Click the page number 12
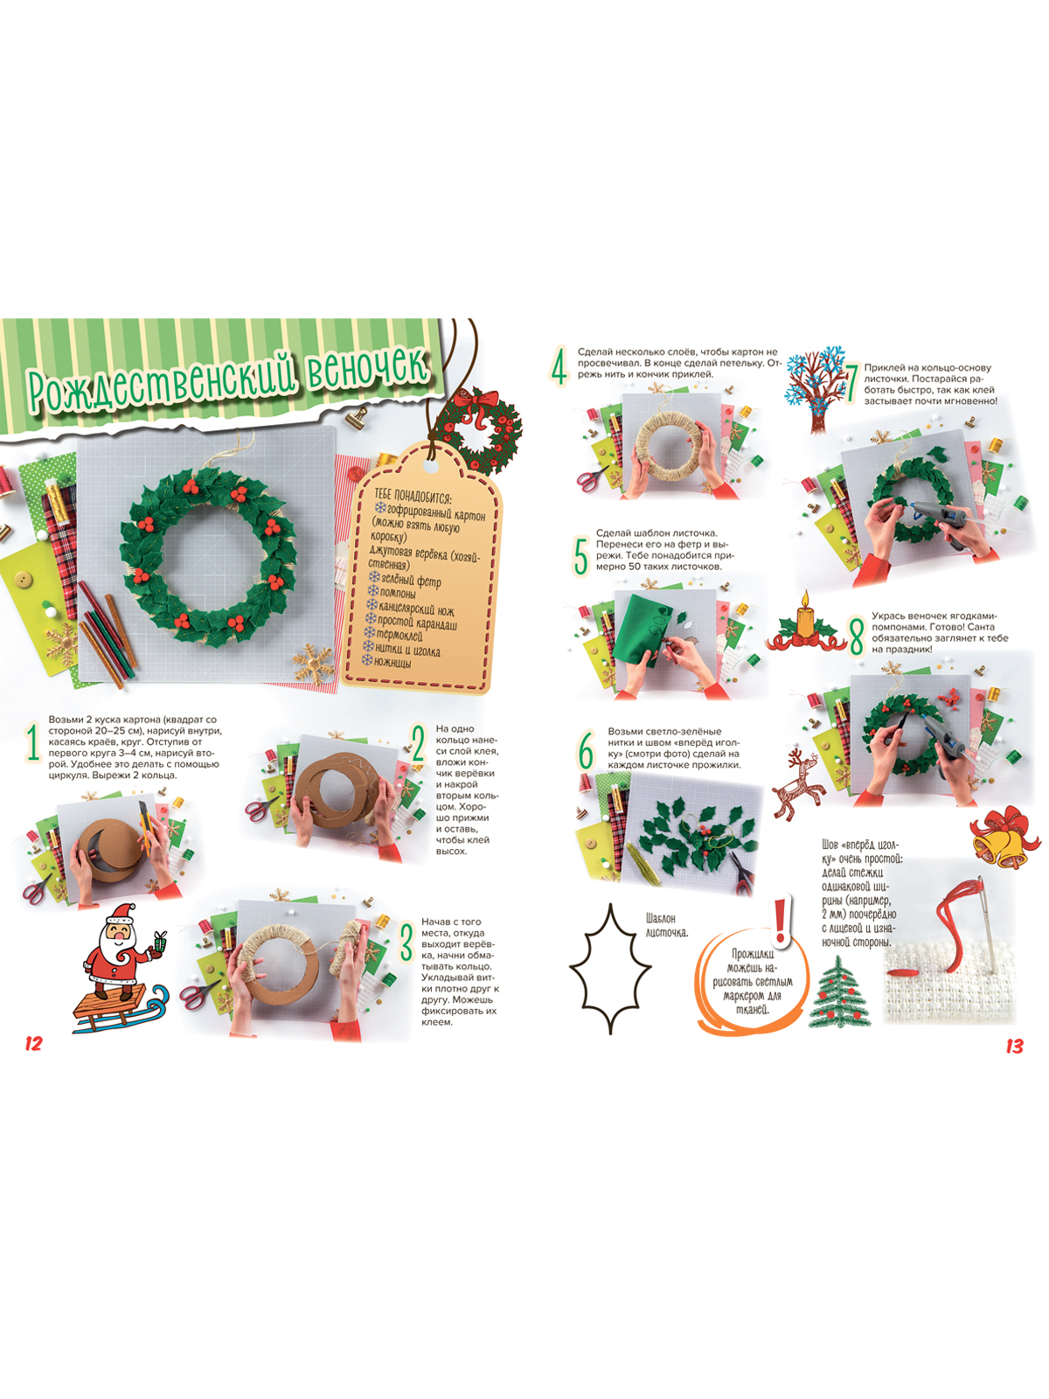point(33,1043)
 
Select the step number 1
point(32,743)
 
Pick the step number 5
point(580,557)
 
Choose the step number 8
point(858,637)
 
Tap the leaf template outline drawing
point(609,968)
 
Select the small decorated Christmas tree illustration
point(839,993)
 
